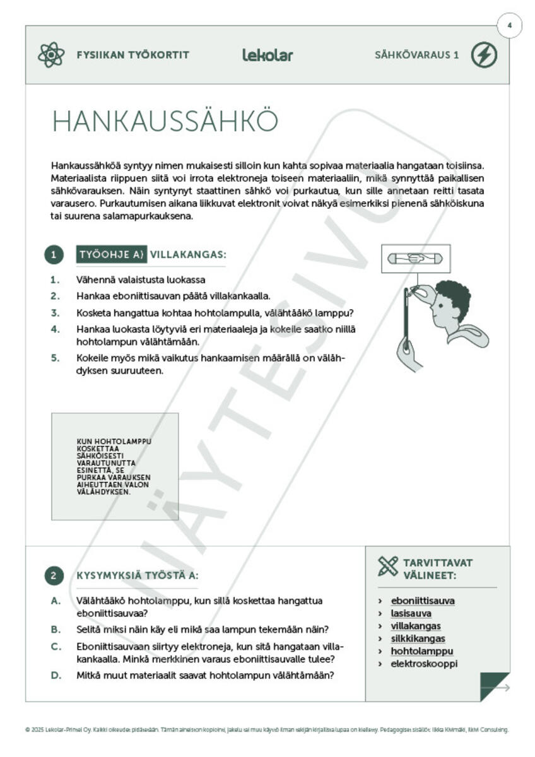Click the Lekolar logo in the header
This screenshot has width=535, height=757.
267,56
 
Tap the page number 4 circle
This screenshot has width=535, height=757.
509,26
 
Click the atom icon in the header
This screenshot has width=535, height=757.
51,56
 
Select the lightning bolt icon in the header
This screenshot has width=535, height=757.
484,56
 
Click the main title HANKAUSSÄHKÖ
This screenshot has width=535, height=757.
165,121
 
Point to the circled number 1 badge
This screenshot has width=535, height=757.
54,255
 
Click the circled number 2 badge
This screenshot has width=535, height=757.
54,575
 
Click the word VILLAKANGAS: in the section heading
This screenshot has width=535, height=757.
187,255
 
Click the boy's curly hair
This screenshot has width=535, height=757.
454,298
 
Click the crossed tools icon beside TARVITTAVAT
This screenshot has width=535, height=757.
388,566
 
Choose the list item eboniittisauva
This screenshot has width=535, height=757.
422,601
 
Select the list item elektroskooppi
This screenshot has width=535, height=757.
424,664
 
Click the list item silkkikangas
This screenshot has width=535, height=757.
418,638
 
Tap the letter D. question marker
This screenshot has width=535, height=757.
56,675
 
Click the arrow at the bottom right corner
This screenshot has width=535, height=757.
499,688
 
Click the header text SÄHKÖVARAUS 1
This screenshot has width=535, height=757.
416,56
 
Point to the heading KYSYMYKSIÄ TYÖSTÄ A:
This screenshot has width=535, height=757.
138,575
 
